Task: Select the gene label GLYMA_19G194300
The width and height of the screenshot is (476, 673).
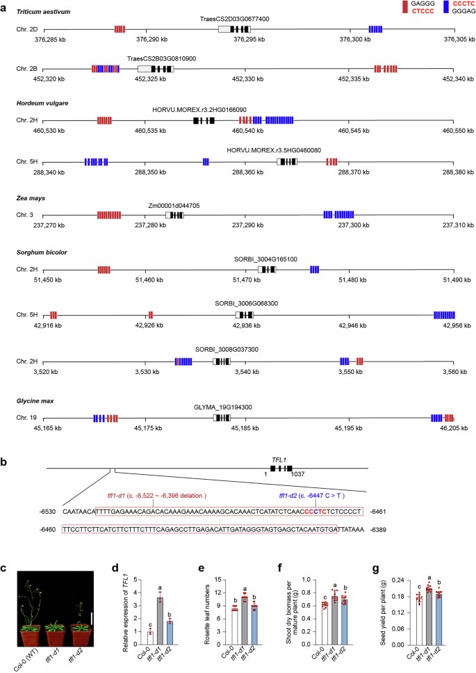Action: [222, 407]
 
